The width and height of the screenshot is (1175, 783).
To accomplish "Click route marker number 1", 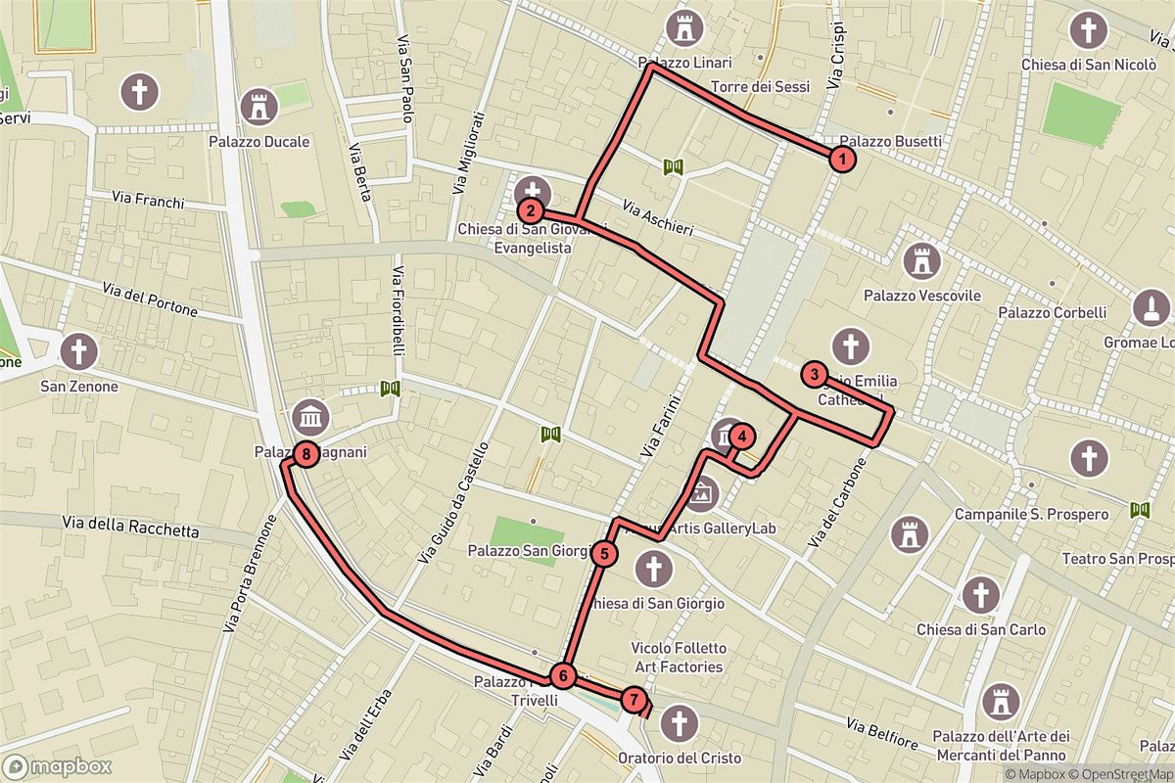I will click(841, 158).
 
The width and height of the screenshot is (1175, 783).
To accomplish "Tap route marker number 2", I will click(530, 209).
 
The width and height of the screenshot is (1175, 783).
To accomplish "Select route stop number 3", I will click(813, 373).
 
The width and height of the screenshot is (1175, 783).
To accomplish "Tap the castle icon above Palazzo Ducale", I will click(259, 106).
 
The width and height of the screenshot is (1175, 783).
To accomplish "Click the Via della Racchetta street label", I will click(130, 529).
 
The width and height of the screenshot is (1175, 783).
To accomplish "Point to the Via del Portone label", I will click(150, 300).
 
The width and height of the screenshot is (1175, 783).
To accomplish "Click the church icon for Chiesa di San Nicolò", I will click(1086, 29).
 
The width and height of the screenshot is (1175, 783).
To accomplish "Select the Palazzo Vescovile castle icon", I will click(921, 260).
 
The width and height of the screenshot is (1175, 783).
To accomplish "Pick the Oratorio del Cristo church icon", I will click(677, 724).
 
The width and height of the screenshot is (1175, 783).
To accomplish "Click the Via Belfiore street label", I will click(881, 734).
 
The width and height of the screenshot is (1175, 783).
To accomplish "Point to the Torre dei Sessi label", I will click(761, 87).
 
